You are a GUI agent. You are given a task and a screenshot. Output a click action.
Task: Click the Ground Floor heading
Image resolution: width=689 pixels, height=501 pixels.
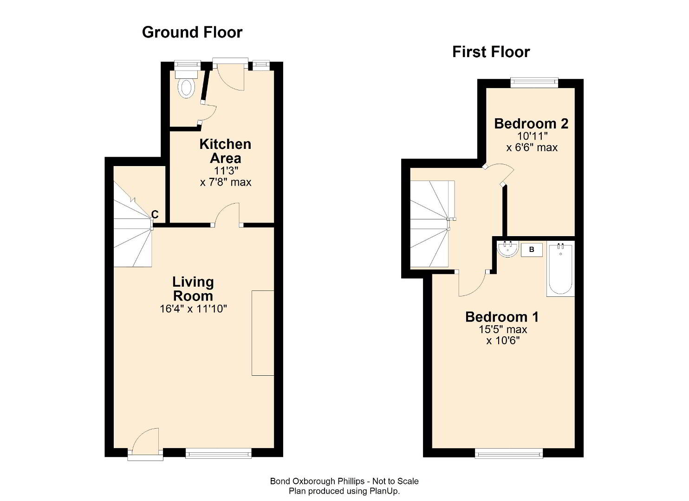[x=192, y=32]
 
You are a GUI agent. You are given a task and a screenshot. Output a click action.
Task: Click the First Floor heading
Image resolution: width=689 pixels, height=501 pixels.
[x=491, y=52]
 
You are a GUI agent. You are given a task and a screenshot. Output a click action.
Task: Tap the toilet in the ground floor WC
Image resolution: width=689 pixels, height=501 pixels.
[x=186, y=84]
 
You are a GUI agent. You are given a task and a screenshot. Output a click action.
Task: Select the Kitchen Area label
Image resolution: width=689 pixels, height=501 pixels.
[x=226, y=151]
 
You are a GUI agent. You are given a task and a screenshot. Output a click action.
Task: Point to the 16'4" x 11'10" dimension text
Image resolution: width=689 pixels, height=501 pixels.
[x=193, y=308]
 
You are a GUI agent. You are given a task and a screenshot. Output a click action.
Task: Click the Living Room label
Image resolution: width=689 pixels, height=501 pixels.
[x=193, y=289]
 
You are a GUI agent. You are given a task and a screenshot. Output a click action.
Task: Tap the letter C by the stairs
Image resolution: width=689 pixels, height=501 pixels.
[x=155, y=214]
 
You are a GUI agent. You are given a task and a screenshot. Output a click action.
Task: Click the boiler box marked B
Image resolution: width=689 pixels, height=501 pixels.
[x=532, y=250]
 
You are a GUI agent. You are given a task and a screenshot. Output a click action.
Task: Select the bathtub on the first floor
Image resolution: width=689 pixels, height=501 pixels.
[x=560, y=269]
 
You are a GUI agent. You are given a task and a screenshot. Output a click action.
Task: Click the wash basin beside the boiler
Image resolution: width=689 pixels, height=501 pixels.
[x=508, y=249]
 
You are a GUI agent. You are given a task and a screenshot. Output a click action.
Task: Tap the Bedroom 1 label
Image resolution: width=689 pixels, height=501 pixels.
[x=502, y=317]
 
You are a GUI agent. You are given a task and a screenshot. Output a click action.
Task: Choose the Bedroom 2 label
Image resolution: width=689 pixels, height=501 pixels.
[x=531, y=123]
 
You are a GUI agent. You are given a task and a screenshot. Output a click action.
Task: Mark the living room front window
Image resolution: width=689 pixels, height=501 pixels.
[x=218, y=453]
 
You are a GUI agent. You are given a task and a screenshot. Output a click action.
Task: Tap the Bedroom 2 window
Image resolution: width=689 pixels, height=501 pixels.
[x=534, y=82]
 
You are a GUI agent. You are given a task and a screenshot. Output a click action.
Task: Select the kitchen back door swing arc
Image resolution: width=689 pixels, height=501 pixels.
[x=231, y=77]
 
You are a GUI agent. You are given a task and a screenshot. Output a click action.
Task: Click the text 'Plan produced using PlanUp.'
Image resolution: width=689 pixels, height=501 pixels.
[x=344, y=491]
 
